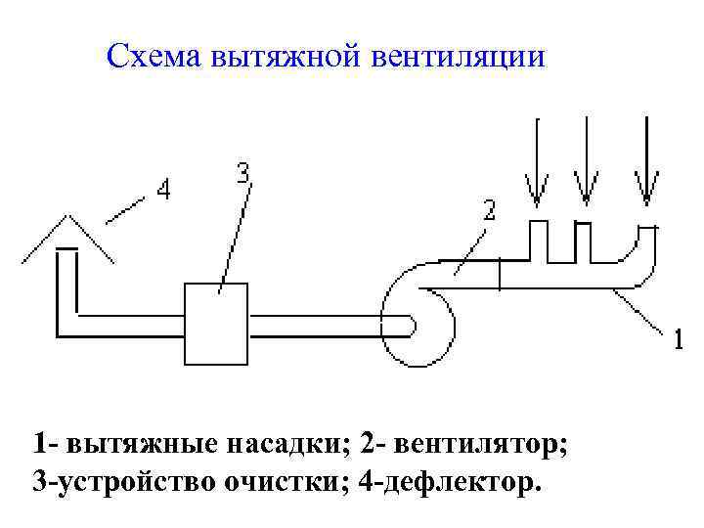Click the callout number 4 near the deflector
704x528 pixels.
(163, 190)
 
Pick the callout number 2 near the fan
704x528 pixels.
(489, 209)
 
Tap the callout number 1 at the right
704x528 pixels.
(677, 341)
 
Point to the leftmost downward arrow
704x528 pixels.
(536, 161)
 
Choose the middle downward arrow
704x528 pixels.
(585, 161)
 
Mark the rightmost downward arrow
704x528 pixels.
(645, 161)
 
